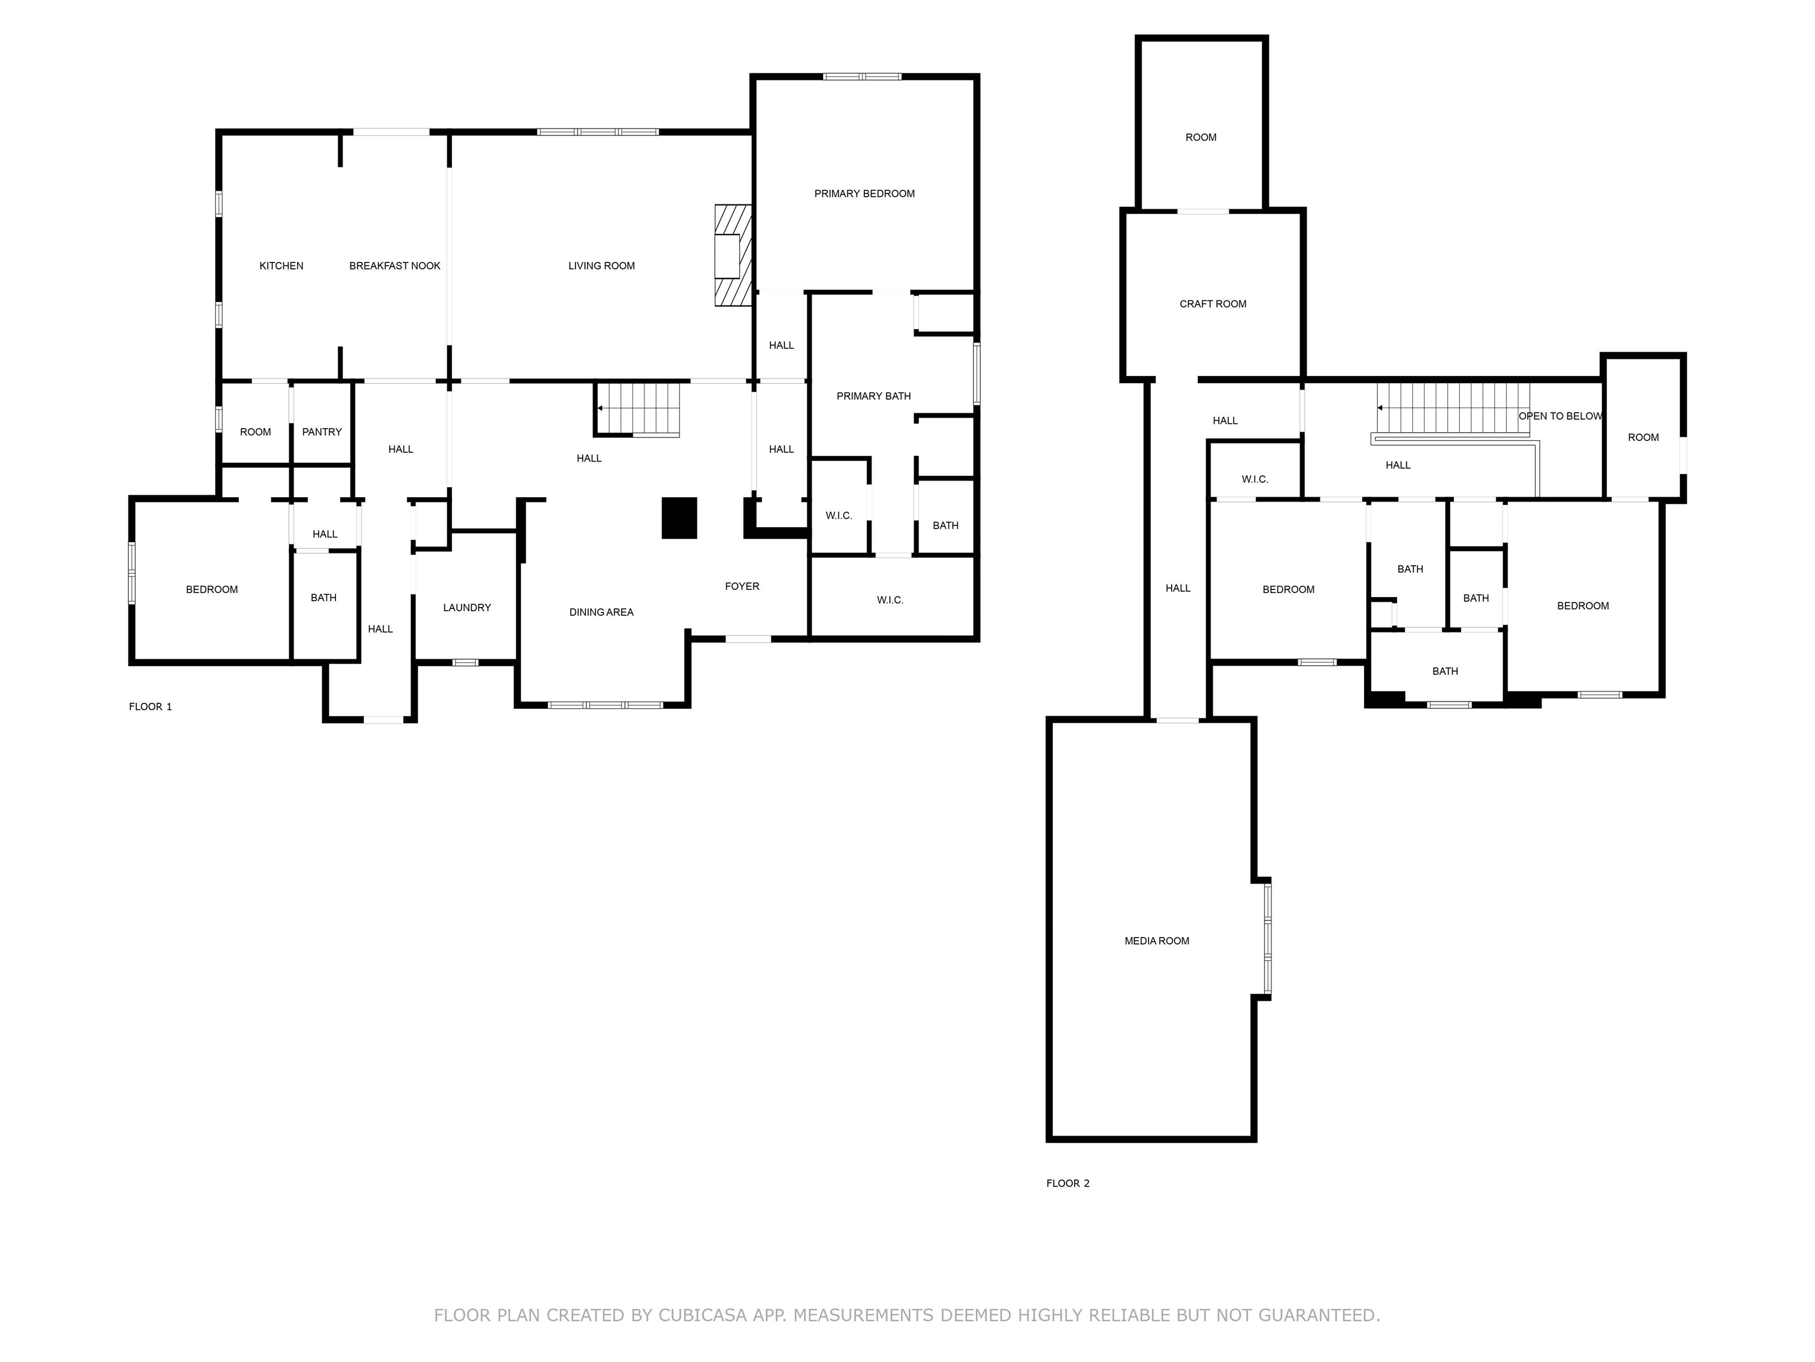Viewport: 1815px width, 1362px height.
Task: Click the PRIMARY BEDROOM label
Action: coord(864,194)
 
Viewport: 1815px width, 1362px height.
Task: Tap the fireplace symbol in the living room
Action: coord(732,256)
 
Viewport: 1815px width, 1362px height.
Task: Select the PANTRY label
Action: coord(321,432)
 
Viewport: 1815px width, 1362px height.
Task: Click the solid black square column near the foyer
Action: coord(679,518)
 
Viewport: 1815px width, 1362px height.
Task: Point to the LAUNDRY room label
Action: coord(467,608)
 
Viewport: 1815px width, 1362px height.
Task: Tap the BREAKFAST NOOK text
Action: coord(395,266)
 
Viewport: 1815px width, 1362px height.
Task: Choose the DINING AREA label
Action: coord(601,612)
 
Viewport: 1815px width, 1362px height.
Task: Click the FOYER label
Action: coord(741,586)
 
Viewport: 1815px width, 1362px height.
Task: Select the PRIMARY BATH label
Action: coord(873,397)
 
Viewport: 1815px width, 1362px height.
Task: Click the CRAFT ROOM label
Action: coord(1213,304)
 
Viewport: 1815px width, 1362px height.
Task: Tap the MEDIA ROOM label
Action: coord(1156,941)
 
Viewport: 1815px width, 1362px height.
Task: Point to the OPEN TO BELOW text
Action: coord(1560,416)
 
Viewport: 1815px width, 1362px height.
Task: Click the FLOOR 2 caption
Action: coord(1068,1183)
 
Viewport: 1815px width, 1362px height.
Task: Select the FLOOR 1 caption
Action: coord(150,707)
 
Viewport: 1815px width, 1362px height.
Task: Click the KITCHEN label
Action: coord(281,266)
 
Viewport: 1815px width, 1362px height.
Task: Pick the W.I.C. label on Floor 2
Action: coord(1254,479)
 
